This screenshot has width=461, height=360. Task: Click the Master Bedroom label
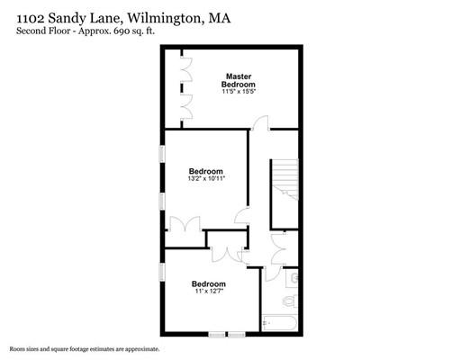pos(239,80)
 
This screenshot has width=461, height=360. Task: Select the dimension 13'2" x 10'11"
pos(206,179)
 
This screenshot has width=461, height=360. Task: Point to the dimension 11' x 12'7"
pos(208,291)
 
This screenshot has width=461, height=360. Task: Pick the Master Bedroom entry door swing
pos(259,125)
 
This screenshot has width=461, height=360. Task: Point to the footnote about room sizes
pos(85,348)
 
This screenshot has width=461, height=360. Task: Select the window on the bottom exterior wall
pos(227,334)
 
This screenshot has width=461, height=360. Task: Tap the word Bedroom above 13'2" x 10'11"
pos(206,170)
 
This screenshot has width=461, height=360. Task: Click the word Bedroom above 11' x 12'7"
pos(208,283)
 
